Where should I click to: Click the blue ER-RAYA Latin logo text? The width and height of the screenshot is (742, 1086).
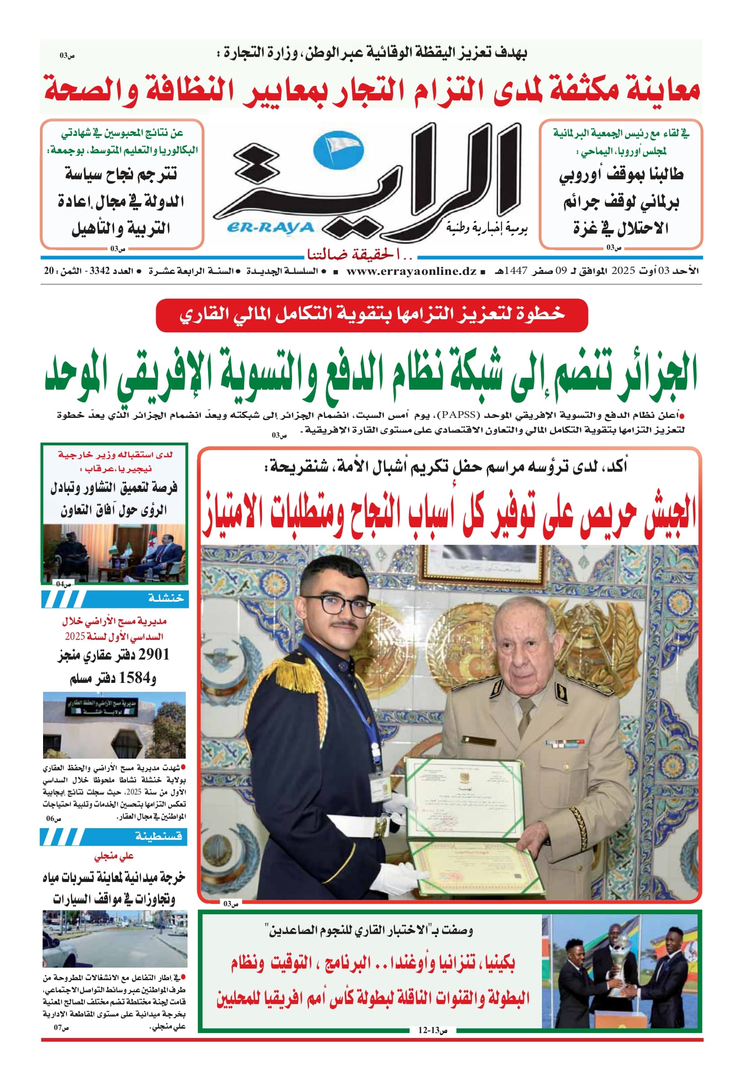271,228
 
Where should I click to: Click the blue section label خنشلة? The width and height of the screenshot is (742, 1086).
166,599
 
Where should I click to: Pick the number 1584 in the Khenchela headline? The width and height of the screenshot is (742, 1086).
136,678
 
